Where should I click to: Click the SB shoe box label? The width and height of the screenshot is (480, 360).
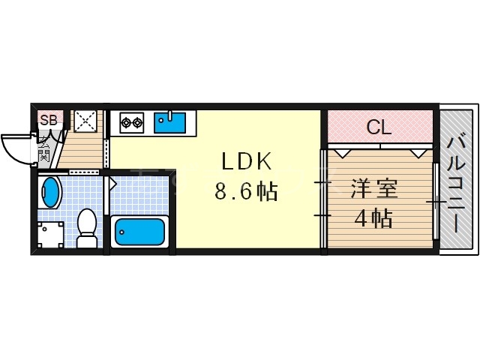[48, 120]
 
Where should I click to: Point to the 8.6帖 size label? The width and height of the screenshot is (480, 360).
[246, 193]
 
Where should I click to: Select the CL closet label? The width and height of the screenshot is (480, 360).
[379, 127]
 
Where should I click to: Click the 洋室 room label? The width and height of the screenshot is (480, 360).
[373, 187]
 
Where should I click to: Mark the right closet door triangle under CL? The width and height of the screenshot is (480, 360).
[417, 153]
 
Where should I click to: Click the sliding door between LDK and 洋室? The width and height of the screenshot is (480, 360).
[323, 199]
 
